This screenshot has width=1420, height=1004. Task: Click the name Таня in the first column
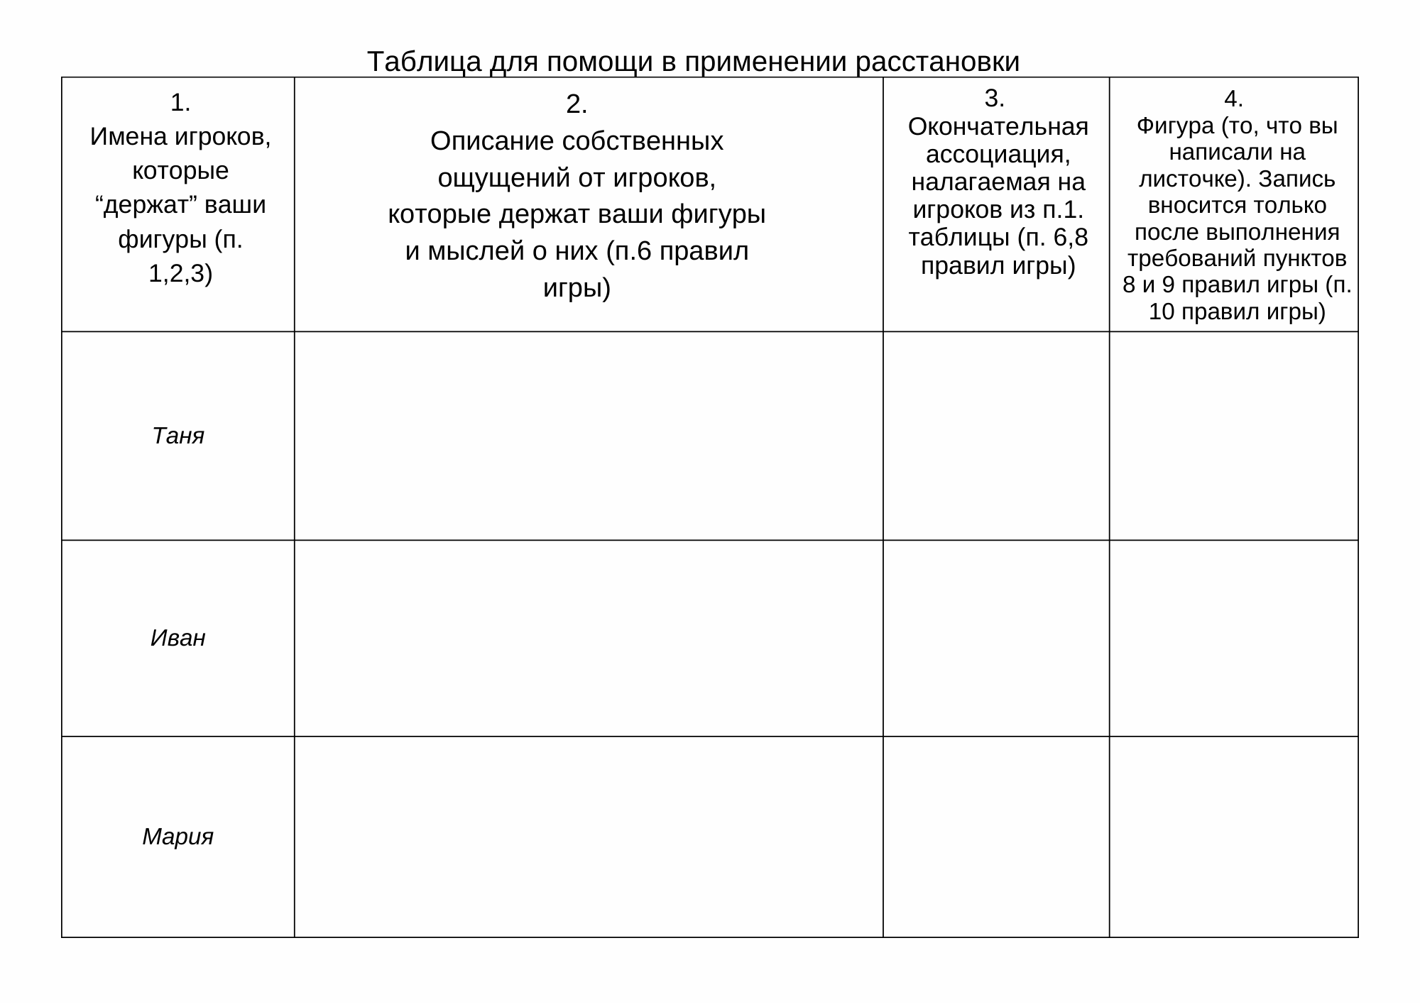point(178,436)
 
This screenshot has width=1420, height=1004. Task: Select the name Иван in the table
point(178,639)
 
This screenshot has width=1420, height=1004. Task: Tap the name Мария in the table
point(178,837)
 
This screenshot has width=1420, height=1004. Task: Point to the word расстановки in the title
point(937,62)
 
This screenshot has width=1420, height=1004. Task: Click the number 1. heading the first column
point(180,104)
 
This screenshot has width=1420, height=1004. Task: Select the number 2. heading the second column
point(577,105)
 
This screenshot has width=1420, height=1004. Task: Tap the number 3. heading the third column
point(995,99)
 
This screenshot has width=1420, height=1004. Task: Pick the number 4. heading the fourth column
point(1233,99)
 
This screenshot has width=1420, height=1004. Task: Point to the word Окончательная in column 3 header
point(998,127)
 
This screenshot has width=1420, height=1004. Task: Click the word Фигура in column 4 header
point(1175,126)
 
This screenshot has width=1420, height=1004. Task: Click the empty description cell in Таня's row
point(589,436)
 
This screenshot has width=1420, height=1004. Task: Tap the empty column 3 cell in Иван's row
point(996,639)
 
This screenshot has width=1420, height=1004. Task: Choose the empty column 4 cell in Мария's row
point(1233,837)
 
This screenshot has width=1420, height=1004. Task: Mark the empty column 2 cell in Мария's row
point(589,837)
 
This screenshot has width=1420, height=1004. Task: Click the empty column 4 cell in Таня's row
point(1233,436)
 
